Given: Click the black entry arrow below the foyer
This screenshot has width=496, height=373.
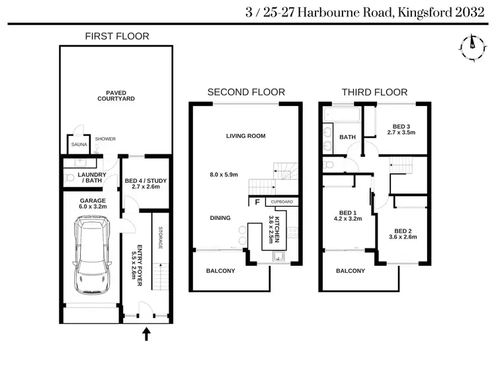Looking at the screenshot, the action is (x=146, y=335).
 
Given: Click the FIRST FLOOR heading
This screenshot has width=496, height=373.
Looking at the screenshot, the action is (x=117, y=36).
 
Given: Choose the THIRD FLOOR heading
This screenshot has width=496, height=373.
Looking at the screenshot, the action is (x=374, y=92).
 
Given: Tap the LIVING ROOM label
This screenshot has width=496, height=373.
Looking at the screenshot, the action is (x=245, y=136).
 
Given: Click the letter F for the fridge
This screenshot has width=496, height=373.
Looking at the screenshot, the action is (x=256, y=202).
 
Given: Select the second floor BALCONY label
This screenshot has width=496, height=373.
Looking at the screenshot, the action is (x=221, y=270).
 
